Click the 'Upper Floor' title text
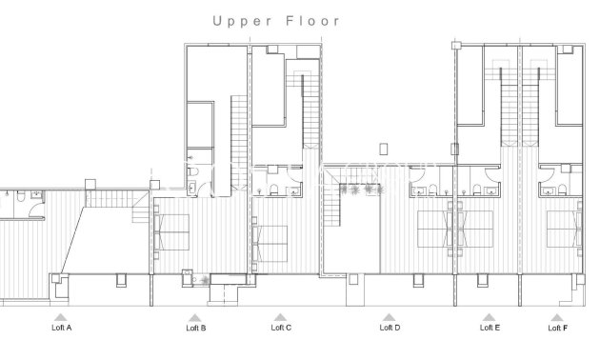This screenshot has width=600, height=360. point(275,20)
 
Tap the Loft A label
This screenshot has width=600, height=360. point(61,329)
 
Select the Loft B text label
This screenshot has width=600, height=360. point(195,329)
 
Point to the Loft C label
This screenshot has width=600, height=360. point(281,329)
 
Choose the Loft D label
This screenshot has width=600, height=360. point(390,329)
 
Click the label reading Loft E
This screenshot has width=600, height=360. point(490,329)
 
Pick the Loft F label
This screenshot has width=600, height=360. point(557,329)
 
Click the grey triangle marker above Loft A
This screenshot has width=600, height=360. point(61,317)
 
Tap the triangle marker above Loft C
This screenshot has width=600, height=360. point(280,317)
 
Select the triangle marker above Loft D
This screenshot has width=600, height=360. point(389,317)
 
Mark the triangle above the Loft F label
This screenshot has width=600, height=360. point(557,317)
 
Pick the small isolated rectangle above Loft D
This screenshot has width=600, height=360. point(383,149)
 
